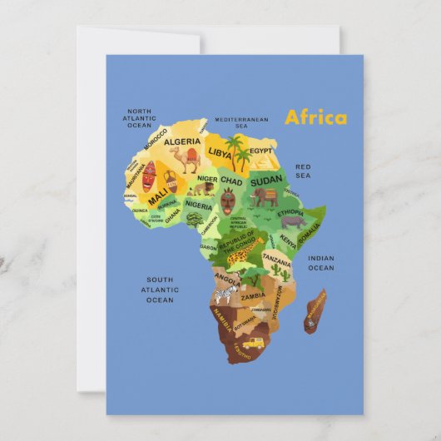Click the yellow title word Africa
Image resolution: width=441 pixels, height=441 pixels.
coord(315,116)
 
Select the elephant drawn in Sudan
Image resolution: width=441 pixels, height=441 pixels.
coord(265,197)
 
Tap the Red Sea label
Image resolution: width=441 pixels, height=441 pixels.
coord(303,171)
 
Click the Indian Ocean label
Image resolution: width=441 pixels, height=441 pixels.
coord(321,263)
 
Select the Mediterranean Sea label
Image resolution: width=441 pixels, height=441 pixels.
coord(241,122)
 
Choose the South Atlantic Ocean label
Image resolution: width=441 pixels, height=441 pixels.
coord(160,290)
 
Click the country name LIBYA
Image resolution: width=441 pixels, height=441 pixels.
coord(220,153)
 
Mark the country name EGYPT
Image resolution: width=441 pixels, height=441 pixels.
coord(261,151)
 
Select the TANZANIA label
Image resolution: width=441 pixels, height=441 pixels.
coord(277,259)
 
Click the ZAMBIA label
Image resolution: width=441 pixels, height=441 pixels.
coord(253,295)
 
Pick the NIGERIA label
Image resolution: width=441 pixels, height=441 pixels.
coord(198,205)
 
